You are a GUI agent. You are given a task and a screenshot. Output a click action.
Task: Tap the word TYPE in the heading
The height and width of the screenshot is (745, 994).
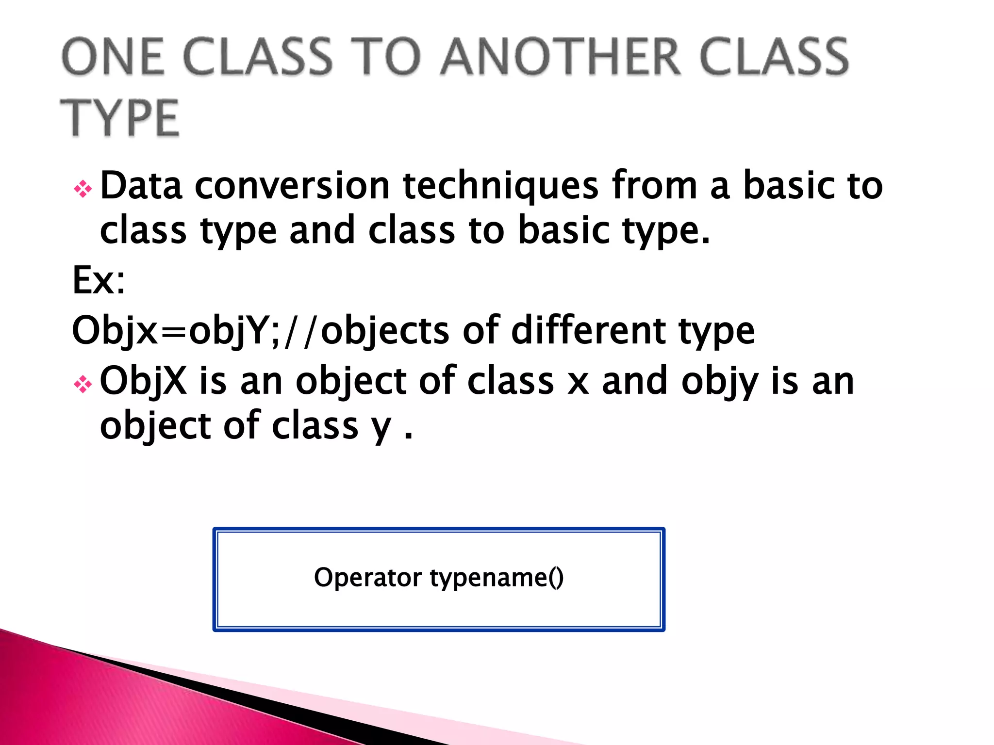tap(120, 118)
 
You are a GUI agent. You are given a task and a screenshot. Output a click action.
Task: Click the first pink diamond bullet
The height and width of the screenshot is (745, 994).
tap(83, 189)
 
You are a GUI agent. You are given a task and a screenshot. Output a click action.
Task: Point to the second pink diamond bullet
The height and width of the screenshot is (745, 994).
tap(83, 385)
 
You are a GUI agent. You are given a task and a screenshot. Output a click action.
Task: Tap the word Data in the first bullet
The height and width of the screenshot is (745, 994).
tap(141, 186)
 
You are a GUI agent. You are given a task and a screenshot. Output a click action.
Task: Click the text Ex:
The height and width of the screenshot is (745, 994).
tap(99, 280)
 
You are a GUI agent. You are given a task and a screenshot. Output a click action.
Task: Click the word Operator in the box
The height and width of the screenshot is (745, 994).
tap(368, 578)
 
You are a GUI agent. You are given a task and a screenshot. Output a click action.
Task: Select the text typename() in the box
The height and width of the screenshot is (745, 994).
tap(497, 578)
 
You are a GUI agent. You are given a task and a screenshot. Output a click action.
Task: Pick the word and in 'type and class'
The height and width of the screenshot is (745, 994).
tap(322, 230)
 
